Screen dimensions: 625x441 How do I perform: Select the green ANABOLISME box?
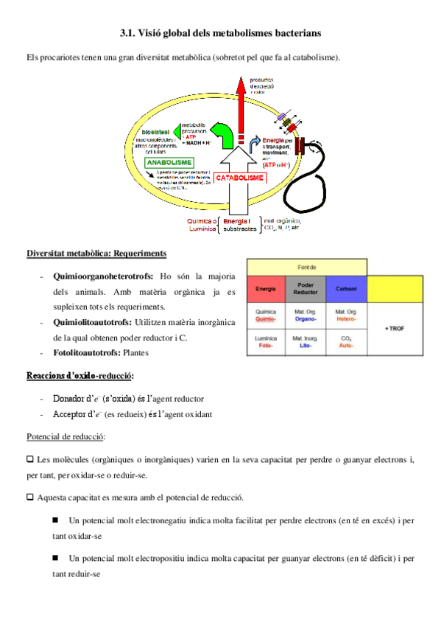[169, 162]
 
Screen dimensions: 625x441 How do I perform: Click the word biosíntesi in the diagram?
[155, 131]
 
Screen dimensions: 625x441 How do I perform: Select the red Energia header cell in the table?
[266, 289]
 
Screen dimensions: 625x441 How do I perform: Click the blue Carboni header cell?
[346, 289]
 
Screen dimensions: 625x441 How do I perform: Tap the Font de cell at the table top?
[307, 267]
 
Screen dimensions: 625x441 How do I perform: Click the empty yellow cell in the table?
[396, 289]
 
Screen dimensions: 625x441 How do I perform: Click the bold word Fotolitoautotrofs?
[85, 353]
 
